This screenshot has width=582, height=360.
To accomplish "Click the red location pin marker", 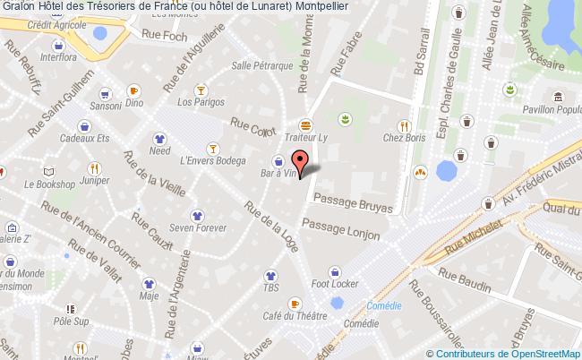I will click(303, 161).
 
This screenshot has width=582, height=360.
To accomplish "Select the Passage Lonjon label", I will click(341, 228).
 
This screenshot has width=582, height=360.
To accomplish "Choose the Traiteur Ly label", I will click(306, 139).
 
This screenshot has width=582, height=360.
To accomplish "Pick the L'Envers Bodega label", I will click(212, 161).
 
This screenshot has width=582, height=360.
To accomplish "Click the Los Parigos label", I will click(201, 102).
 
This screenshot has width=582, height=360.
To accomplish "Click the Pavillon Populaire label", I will click(553, 109).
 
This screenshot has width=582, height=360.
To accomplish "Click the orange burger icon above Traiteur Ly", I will click(306, 124).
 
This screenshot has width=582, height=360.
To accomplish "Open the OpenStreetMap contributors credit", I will click(506, 353).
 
